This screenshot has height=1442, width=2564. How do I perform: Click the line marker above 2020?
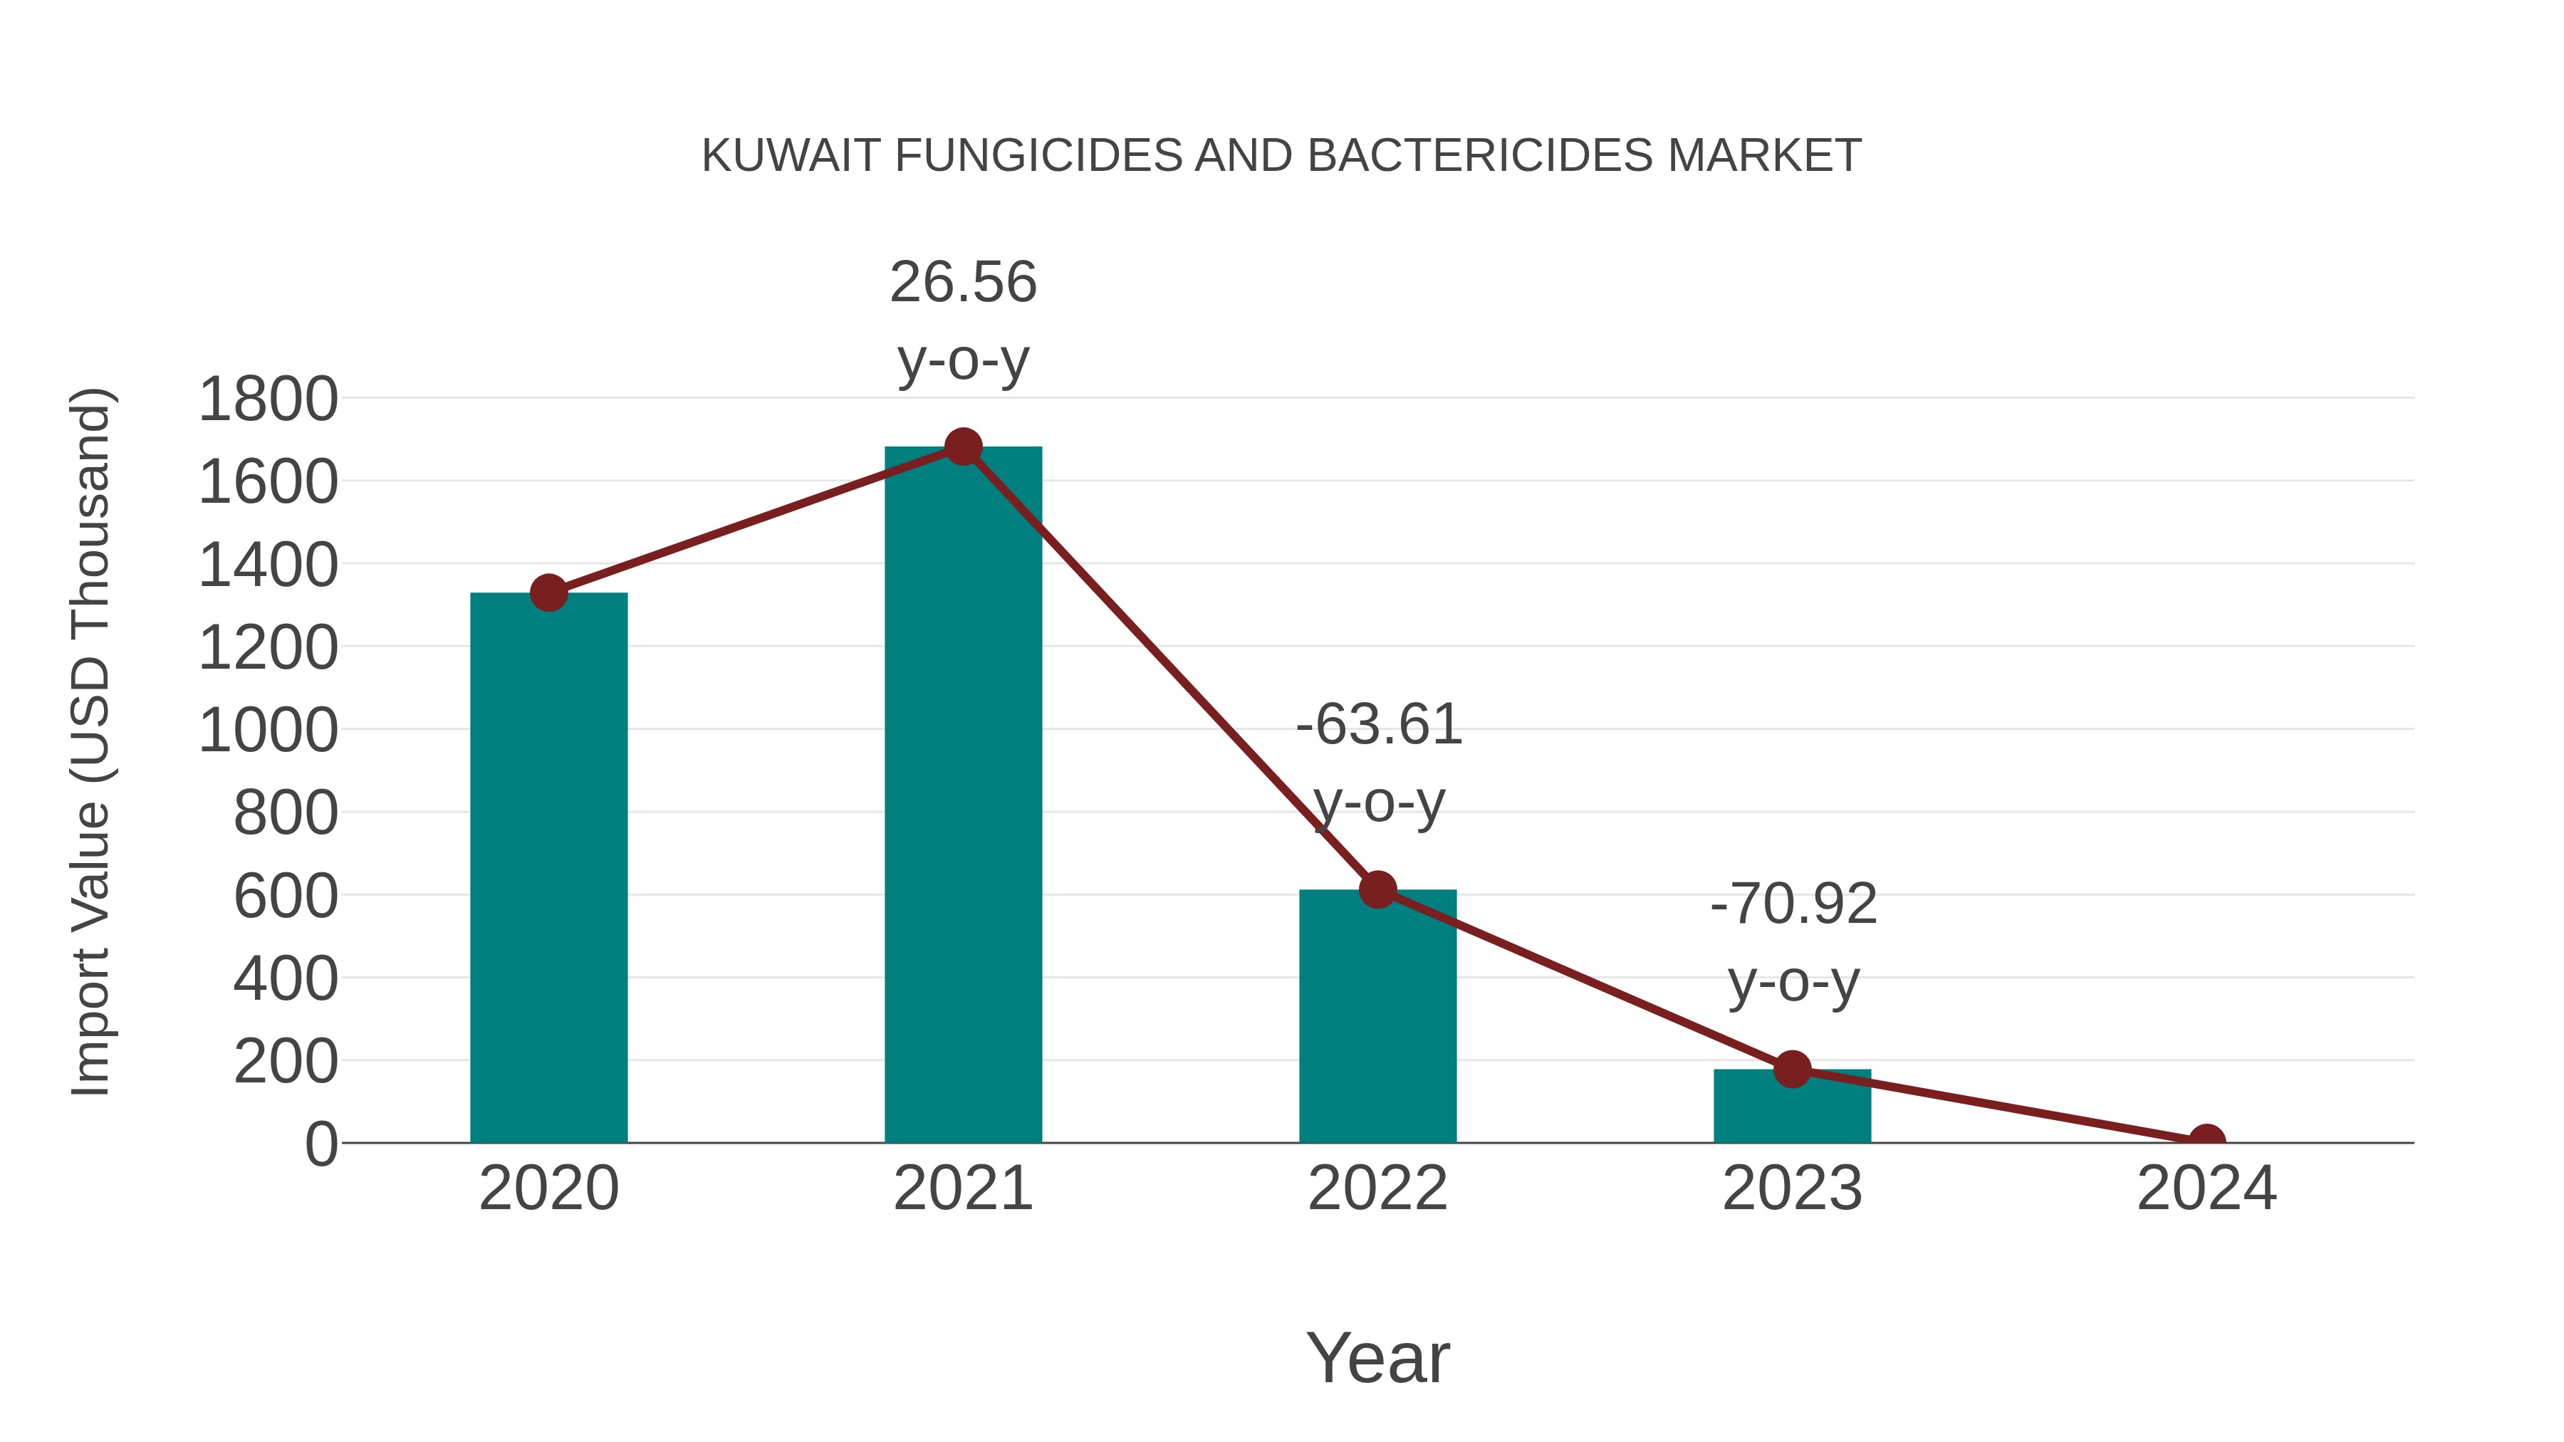coord(548,593)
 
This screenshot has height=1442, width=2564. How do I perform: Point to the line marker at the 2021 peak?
coord(962,446)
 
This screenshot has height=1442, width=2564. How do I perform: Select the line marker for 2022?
coord(1377,889)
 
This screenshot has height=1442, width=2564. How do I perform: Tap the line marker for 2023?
coord(1792,1070)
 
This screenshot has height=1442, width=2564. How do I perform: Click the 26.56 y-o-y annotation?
coord(962,320)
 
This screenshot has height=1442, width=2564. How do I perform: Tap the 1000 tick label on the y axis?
coord(269,731)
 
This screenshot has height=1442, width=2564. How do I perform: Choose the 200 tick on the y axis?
coord(286,1062)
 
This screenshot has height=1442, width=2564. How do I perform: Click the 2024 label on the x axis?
coord(2206,1188)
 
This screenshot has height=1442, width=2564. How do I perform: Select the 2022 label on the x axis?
coord(1377,1188)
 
